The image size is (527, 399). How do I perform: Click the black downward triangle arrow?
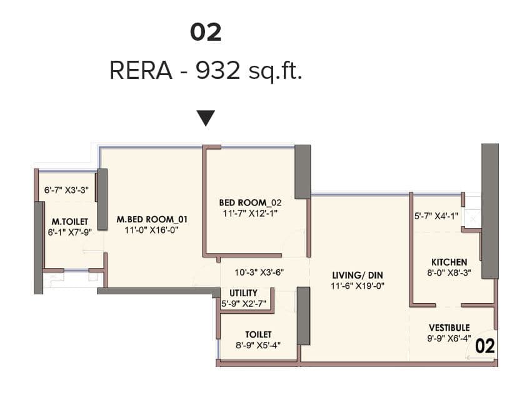[x=206, y=118]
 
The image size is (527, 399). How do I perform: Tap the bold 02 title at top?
[x=206, y=33]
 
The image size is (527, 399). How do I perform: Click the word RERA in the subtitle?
[x=141, y=71]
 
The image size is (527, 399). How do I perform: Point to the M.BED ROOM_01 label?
[x=152, y=220]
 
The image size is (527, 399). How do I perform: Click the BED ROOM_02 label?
[x=251, y=203]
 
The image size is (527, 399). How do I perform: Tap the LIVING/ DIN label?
[x=357, y=274]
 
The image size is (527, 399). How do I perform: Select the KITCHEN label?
[x=449, y=262]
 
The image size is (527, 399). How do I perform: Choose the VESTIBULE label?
[x=449, y=327]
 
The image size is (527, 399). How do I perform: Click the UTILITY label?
[x=243, y=293]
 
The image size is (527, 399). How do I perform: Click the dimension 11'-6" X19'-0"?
[x=357, y=286]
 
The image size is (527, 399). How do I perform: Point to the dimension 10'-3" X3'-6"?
[x=260, y=273]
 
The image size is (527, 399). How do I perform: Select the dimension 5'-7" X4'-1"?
[x=437, y=217]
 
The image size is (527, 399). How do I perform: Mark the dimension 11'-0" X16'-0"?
[x=152, y=231]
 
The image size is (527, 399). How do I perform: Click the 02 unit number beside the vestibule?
[x=486, y=346]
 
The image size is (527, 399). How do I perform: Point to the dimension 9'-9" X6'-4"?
[x=449, y=338]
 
